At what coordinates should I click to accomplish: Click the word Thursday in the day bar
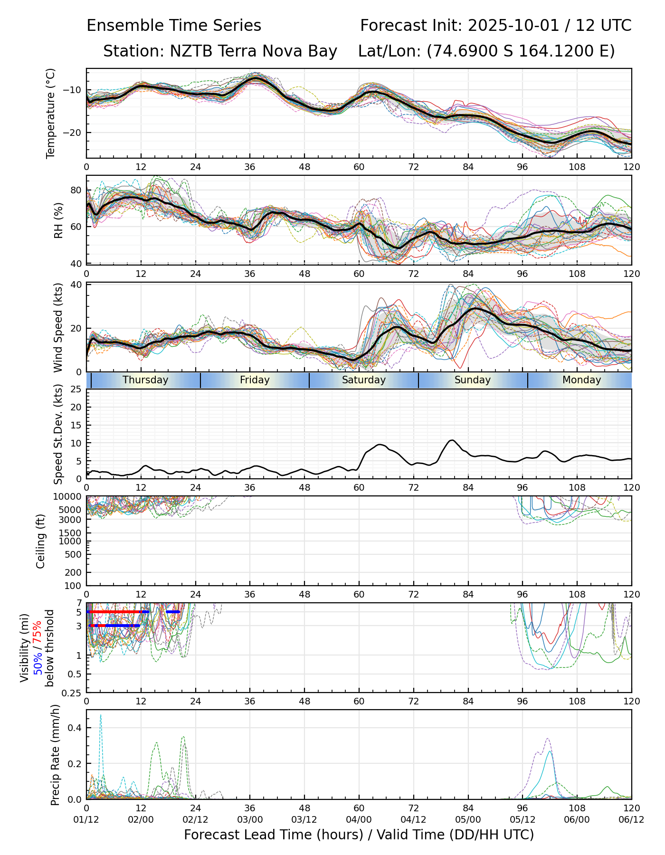tap(145, 380)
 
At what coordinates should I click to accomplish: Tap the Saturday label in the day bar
tap(364, 380)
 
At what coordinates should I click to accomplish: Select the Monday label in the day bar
tap(581, 380)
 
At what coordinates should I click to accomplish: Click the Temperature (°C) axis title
tap(51, 113)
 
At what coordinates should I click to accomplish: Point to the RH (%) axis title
tap(58, 220)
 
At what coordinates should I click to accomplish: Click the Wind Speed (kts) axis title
tap(58, 327)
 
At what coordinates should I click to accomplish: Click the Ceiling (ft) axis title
tap(41, 541)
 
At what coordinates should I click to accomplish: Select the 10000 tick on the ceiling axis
tap(69, 497)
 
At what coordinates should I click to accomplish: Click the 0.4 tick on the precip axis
tap(76, 728)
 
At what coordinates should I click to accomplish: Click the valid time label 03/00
tap(250, 819)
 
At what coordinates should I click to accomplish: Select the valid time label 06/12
tap(631, 819)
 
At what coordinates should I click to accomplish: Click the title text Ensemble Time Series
tap(174, 26)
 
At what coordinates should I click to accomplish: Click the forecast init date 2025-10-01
tap(514, 26)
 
